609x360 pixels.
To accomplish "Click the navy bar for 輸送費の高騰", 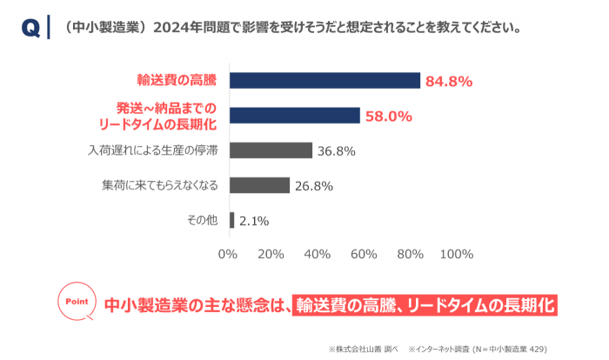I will coord(325,81).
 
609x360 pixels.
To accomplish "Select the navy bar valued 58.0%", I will coord(294,116).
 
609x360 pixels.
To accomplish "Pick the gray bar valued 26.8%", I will coord(258,185).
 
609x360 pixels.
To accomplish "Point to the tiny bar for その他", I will coord(231,220).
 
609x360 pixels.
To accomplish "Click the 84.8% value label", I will coord(448,82).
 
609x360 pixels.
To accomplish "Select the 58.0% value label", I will coord(388,117).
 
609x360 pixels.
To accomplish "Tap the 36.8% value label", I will coord(337,151).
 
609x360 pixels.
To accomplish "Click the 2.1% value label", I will coord(253,221).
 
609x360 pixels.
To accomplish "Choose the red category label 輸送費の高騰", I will coord(176,80).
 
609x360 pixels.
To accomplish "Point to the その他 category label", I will coord(201,219).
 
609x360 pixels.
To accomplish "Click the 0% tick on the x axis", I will coord(228,254).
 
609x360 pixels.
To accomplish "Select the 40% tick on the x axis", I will coord(318,254).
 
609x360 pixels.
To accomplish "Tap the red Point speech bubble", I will coord(77,301).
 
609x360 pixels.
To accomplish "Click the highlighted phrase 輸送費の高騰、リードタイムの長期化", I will coord(424,305).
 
